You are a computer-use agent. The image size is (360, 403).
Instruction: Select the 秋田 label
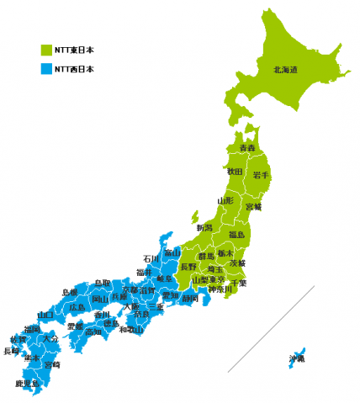pos(235,172)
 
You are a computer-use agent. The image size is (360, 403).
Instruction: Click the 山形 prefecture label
pos(225,201)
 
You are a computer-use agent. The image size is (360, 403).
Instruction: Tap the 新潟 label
pos(204,228)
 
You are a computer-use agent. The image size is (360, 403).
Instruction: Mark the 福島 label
pos(237,236)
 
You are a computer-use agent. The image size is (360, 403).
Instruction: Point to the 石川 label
pos(151,259)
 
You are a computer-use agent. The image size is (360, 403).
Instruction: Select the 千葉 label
pos(239,283)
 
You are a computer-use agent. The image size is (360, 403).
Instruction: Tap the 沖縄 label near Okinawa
pos(297,358)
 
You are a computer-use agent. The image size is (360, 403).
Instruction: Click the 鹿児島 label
pos(28,384)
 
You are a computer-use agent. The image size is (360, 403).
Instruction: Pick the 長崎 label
pos(12,351)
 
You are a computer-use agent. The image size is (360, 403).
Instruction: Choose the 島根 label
pos(70,292)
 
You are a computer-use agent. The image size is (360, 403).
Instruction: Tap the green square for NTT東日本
pos(46,49)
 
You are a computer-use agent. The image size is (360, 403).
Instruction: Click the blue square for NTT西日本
pos(46,70)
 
